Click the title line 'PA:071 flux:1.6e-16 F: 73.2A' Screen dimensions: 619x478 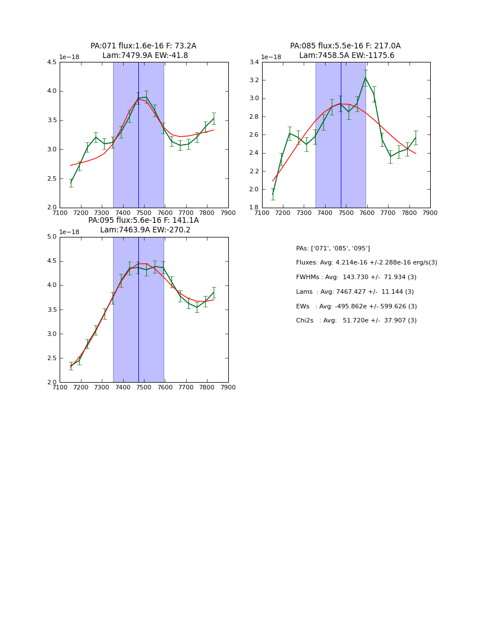click(x=143, y=46)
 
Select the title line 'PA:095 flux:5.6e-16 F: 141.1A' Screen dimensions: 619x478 click(x=143, y=221)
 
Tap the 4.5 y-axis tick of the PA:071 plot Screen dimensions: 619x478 click(x=52, y=62)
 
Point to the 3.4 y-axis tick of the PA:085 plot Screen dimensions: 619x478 click(x=254, y=62)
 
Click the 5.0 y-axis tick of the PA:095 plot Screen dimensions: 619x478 click(x=52, y=237)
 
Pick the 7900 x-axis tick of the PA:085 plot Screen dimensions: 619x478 click(x=430, y=213)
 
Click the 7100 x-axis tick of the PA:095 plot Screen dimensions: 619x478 click(x=60, y=387)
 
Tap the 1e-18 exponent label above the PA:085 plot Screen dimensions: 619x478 click(x=271, y=57)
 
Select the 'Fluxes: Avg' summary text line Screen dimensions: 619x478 click(x=366, y=263)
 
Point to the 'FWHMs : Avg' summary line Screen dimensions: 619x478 click(x=356, y=277)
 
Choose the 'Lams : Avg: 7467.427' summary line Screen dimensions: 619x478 click(x=355, y=292)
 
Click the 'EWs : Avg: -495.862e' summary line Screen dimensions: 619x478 click(x=357, y=307)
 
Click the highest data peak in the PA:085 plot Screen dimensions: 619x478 click(x=366, y=78)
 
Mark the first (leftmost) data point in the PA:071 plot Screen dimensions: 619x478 click(x=71, y=183)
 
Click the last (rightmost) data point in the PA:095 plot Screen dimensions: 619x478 click(x=214, y=291)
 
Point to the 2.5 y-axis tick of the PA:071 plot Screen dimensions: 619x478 click(x=52, y=179)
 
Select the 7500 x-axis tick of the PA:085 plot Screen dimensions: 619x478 click(x=346, y=213)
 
